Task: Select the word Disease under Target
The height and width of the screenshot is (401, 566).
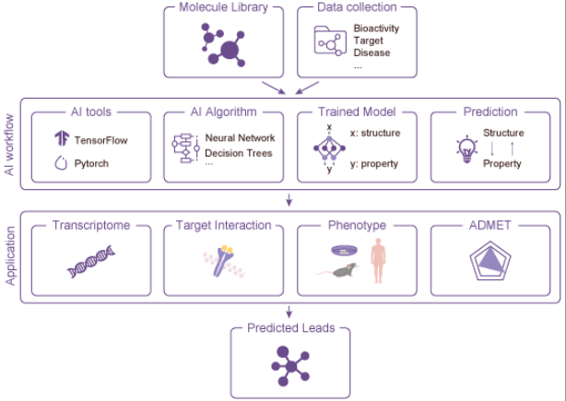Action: [371, 53]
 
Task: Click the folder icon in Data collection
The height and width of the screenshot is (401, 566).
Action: [327, 41]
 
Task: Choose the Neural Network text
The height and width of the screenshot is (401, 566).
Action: [240, 138]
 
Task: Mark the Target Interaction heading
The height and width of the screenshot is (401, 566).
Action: [224, 225]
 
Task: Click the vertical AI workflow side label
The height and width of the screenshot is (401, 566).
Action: [11, 146]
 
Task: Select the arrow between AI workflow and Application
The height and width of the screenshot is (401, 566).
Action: [289, 200]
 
